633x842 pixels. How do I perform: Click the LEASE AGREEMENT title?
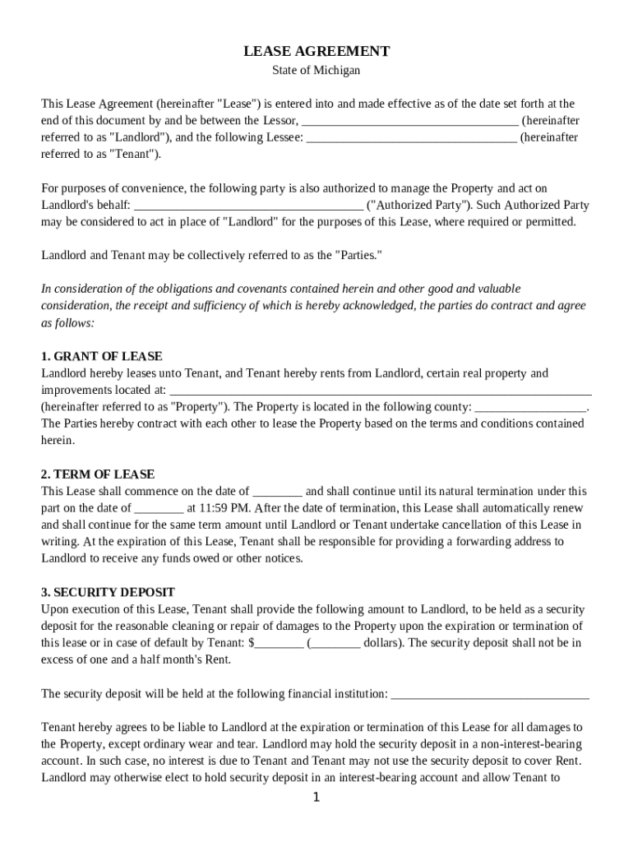[316, 52]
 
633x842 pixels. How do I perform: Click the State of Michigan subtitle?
[316, 71]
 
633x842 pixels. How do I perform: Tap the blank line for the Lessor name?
[410, 122]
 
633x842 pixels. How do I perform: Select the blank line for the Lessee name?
[412, 138]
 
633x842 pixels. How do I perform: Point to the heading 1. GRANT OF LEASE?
[102, 357]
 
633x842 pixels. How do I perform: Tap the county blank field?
[532, 407]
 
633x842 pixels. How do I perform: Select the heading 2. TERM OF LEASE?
[98, 475]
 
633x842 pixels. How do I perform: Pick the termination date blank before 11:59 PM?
[159, 508]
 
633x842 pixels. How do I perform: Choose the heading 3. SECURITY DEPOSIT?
[108, 593]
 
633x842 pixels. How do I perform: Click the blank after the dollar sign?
[279, 643]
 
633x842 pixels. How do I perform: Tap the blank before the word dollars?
[335, 643]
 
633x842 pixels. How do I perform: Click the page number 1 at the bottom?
[316, 798]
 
